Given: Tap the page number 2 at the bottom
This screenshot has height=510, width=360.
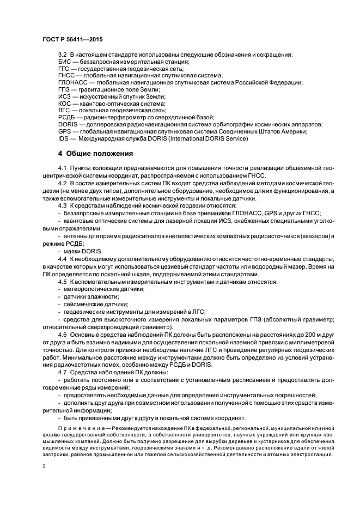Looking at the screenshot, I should point(44,466).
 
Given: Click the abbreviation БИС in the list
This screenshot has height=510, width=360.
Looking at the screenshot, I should point(64,62).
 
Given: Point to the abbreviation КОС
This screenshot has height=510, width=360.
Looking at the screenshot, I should point(65,103).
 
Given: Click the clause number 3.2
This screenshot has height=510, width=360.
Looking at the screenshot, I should point(62,55).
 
